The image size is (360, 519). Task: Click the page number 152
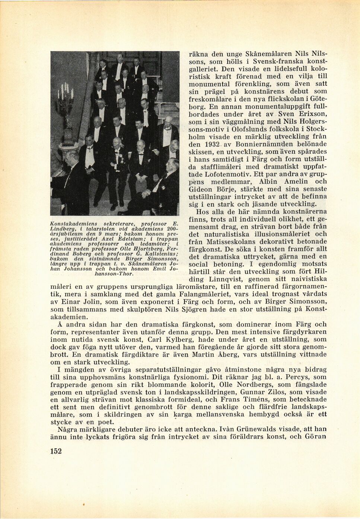(56, 451)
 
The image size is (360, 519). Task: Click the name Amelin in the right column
(296, 182)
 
